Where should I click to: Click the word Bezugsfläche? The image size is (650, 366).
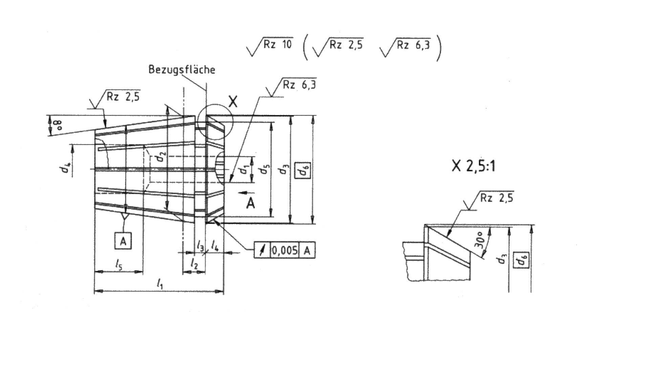coord(182,70)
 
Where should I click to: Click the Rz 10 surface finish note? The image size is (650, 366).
coord(277,44)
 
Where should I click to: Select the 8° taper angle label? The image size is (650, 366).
coord(51,124)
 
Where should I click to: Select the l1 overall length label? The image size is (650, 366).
coord(160,283)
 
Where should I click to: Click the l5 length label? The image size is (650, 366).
coord(118,264)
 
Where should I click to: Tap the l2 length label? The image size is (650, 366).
coord(194,263)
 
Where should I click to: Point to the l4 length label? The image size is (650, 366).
coord(215,246)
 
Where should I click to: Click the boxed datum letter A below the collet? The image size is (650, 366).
coord(123,241)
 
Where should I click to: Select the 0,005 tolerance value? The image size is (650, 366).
coord(284,250)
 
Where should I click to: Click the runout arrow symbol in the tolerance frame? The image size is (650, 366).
coord(262,250)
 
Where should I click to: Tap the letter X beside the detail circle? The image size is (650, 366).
coord(233,101)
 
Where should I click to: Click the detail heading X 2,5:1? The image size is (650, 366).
coord(473,166)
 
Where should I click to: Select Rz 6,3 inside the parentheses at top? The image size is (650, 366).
coord(413,45)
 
